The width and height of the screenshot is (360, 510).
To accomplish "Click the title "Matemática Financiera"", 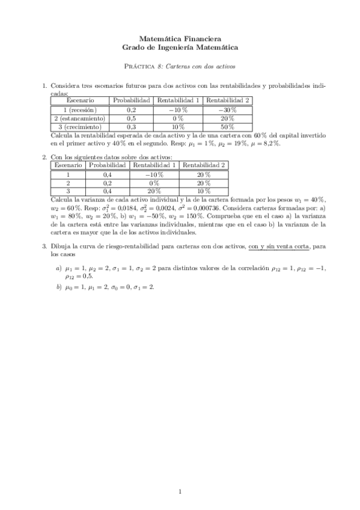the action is pos(180,37).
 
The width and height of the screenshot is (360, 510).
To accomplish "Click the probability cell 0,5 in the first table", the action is pos(132,118).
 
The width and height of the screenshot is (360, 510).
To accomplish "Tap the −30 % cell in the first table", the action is pos(228,110).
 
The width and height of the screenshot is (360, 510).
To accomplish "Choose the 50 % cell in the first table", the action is pos(228,127).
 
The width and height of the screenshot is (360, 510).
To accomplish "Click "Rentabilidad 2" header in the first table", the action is pos(228,100).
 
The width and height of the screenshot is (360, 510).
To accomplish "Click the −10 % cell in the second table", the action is pos(154,174).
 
